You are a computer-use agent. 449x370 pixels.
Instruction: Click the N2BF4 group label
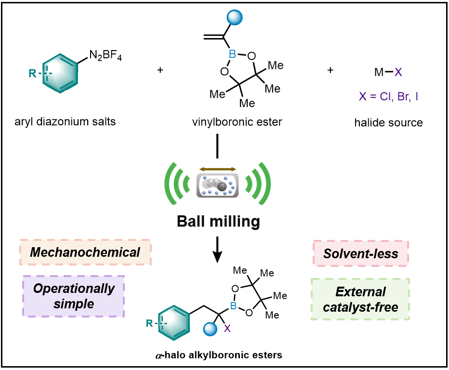(106, 57)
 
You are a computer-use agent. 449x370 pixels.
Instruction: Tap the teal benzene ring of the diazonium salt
(60, 76)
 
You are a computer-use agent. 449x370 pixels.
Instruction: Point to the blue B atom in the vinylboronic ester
(232, 55)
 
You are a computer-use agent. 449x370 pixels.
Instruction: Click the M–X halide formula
(388, 72)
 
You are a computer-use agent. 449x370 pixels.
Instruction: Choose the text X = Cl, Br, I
(388, 96)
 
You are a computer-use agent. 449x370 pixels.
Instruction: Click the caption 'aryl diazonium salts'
(65, 122)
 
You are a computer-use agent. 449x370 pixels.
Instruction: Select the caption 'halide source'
(388, 122)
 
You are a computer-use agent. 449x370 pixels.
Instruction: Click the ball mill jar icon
(218, 185)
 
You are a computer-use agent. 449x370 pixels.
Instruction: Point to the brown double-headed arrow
(218, 169)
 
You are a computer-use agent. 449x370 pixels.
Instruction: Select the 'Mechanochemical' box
(86, 252)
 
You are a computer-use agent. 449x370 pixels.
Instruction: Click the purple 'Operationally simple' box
(74, 296)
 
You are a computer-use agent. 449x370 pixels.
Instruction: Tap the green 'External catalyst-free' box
(360, 299)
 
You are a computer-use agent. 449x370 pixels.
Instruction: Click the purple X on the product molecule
(228, 328)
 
